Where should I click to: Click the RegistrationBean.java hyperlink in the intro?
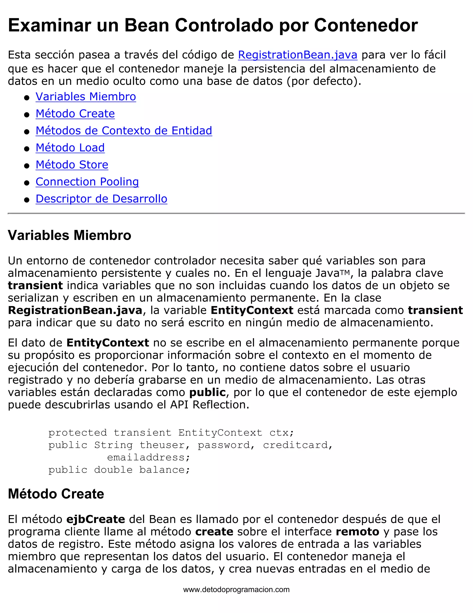click(x=297, y=55)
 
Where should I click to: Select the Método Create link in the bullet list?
click(x=75, y=114)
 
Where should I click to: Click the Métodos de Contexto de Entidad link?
click(x=124, y=131)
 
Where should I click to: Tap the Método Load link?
click(x=70, y=148)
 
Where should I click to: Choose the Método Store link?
click(x=72, y=165)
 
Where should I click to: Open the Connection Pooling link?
click(x=87, y=182)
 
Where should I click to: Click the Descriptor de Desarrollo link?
click(x=101, y=199)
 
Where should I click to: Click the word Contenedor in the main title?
click(x=366, y=25)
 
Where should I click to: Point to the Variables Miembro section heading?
click(x=70, y=235)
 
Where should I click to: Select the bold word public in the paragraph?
click(x=207, y=392)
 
